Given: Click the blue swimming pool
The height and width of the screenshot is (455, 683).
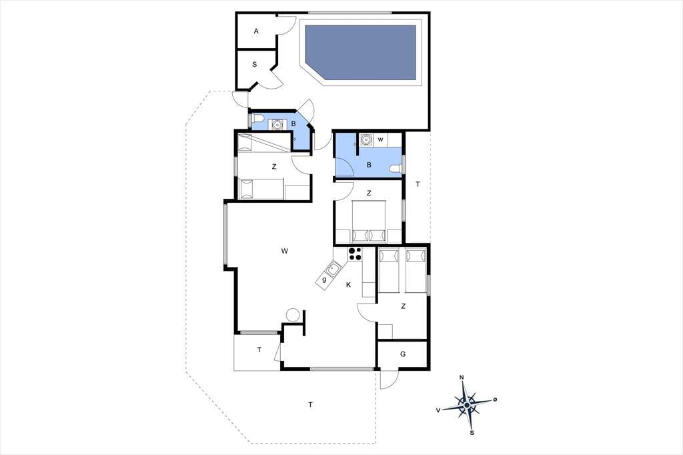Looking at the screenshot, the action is [x=360, y=52].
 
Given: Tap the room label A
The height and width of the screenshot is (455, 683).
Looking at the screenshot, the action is [x=256, y=31].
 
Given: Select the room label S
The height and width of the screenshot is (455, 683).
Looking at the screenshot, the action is [x=255, y=65].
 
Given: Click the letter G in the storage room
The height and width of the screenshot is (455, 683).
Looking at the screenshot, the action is [x=403, y=354].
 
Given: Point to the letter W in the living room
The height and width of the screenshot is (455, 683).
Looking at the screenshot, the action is [x=284, y=251].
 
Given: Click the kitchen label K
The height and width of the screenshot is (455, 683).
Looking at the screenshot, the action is [x=348, y=285].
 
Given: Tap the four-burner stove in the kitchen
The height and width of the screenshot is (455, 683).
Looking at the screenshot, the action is [x=355, y=254].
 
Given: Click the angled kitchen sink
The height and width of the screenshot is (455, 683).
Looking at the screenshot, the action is [x=333, y=270].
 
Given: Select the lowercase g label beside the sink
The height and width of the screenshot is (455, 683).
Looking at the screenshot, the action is [x=324, y=280].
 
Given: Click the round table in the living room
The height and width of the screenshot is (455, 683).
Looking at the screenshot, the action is [x=292, y=315].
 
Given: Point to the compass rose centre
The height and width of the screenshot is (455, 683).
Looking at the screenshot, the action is [x=467, y=406].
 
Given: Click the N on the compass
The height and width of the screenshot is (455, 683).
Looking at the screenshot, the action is [x=462, y=378].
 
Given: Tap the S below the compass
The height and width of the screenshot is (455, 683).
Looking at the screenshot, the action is [x=472, y=433].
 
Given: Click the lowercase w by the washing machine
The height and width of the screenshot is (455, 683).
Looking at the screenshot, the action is [x=381, y=140].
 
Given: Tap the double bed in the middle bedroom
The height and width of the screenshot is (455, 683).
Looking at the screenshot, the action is [x=369, y=221].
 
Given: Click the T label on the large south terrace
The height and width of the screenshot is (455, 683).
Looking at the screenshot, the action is [x=311, y=405].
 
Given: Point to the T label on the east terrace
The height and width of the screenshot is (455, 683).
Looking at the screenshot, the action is [x=418, y=184].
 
